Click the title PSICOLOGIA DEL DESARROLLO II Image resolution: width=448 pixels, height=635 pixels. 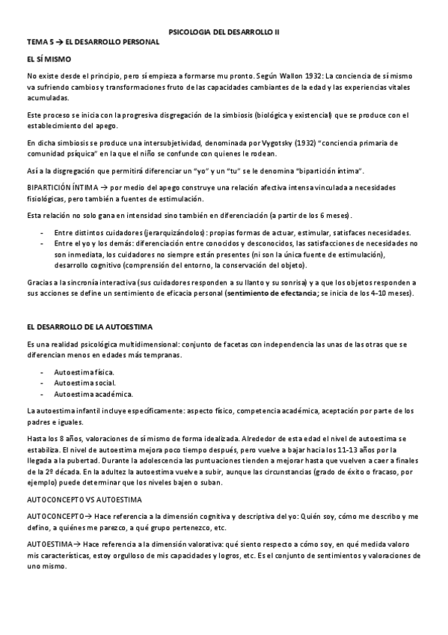(x=224, y=32)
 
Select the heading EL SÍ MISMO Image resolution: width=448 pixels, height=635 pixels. (x=49, y=58)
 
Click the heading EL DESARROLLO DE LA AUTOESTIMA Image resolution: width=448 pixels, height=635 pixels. (x=89, y=327)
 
